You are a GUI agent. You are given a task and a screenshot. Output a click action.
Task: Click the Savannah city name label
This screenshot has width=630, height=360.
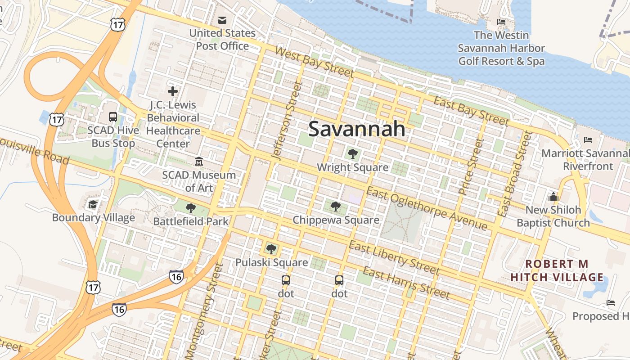(x=356, y=129)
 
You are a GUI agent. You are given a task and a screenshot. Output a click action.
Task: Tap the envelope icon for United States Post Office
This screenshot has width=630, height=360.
(x=222, y=20)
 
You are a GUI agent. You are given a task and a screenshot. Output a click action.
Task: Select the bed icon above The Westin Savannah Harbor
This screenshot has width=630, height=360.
(x=501, y=22)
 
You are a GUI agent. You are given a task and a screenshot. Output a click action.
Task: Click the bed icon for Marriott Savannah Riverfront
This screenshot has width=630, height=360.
(x=588, y=140)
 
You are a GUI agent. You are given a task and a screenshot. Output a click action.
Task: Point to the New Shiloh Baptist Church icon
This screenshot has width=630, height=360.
(x=553, y=197)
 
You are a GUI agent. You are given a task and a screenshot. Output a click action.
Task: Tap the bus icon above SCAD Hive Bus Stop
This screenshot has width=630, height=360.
(x=113, y=117)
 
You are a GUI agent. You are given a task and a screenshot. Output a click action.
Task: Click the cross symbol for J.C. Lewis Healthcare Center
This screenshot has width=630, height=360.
(x=172, y=91)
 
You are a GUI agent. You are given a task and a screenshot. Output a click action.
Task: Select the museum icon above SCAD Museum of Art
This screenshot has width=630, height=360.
(x=198, y=161)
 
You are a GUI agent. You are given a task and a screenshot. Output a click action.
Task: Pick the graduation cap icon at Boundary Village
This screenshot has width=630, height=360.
(x=93, y=204)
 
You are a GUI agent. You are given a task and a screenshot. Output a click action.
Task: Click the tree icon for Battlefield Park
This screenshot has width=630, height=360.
(x=191, y=208)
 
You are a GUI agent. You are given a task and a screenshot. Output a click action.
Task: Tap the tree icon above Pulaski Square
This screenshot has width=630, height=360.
(x=271, y=249)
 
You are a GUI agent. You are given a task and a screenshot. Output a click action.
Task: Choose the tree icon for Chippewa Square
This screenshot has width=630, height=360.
(x=335, y=207)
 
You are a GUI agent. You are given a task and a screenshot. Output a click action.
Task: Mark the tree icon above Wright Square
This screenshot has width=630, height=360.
(x=353, y=154)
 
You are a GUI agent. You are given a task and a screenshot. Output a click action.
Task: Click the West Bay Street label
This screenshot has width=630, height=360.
(x=314, y=63)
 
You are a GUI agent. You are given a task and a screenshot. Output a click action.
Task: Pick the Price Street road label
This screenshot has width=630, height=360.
(x=471, y=166)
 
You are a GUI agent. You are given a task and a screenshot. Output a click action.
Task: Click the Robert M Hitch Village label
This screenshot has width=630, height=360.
(x=558, y=270)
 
